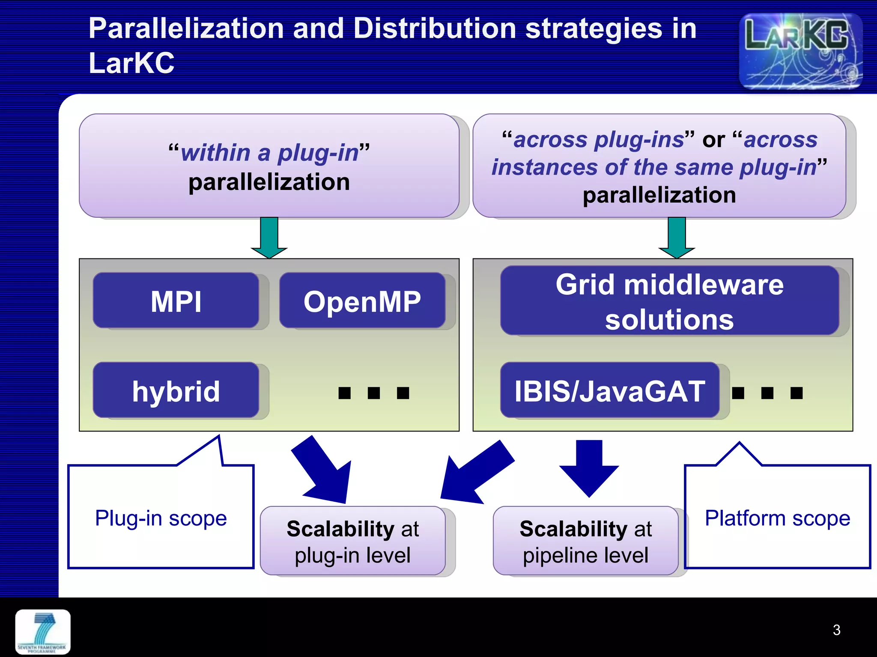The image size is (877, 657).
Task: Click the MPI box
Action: [176, 301]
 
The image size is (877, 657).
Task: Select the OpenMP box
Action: [362, 301]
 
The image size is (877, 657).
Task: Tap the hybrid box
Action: [176, 390]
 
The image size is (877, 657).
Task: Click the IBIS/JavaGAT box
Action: [609, 390]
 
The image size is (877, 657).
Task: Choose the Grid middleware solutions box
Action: [669, 301]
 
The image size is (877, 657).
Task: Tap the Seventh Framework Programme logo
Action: [43, 632]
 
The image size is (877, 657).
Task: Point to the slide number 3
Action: [836, 630]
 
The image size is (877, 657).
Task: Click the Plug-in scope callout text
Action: [161, 518]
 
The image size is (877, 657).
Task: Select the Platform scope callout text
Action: [777, 518]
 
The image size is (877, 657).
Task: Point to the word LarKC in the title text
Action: [131, 63]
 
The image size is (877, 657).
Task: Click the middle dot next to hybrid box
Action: [374, 393]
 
